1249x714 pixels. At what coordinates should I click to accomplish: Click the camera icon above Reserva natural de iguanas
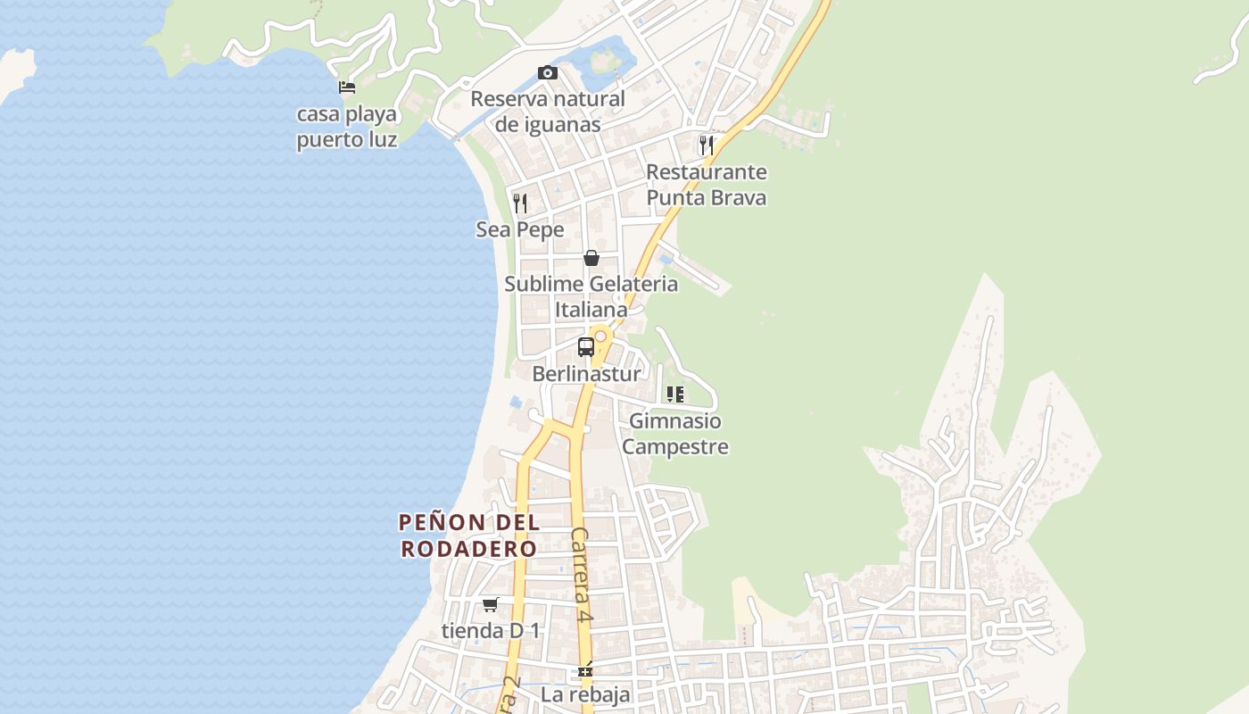548,72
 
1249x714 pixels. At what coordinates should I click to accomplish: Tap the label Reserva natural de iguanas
548,112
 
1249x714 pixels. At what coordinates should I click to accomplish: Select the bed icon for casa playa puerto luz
347,87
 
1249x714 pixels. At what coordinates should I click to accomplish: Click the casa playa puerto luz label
347,127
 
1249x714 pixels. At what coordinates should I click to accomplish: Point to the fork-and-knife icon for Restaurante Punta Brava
707,145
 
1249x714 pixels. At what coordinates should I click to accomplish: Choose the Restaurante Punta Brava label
707,185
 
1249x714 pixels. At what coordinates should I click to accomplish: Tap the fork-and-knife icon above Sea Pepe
520,203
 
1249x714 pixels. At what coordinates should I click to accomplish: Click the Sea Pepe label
520,230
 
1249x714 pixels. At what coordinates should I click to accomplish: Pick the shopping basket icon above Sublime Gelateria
591,258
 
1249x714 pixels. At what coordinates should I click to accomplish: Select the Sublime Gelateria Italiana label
591,297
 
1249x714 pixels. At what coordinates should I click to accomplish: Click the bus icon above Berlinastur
586,347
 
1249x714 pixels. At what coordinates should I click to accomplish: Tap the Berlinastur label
586,374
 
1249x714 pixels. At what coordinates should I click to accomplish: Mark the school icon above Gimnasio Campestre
675,394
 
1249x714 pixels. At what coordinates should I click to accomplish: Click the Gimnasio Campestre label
675,434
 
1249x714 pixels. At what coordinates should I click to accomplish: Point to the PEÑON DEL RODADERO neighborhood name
468,535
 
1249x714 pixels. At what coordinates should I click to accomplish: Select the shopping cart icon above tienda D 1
490,605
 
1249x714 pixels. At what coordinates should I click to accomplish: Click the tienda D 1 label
491,631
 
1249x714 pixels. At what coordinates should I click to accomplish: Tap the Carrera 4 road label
582,575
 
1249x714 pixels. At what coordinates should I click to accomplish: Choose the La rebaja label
585,694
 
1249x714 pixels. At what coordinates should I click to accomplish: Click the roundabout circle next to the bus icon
601,336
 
